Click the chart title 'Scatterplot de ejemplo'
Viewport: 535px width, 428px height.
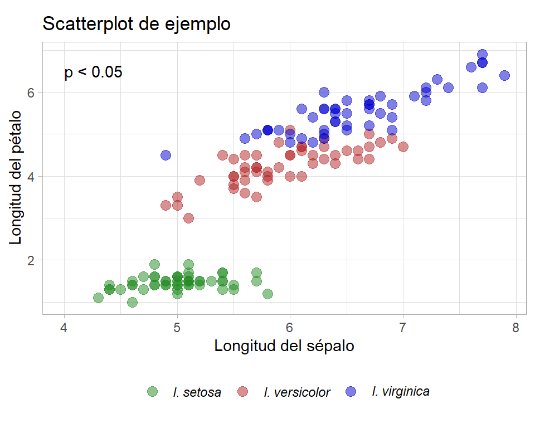tap(136, 24)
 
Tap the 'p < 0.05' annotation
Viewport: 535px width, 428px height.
tap(93, 72)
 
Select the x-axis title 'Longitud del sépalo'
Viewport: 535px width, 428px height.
tap(284, 346)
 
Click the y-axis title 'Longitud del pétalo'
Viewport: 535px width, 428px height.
tap(16, 177)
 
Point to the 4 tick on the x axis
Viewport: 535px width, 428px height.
tap(65, 327)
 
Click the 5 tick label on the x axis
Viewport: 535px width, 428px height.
tap(177, 327)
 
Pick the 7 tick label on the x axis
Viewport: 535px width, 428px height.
tap(403, 327)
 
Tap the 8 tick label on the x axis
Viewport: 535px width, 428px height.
tap(515, 327)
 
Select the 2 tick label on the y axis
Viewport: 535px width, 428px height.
tap(31, 260)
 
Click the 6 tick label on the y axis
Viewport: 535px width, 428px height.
tap(31, 93)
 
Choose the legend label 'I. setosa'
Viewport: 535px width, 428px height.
tap(197, 392)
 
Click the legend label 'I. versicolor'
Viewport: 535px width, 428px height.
tap(297, 392)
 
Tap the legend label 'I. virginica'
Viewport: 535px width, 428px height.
tap(400, 391)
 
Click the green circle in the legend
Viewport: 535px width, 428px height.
tap(152, 392)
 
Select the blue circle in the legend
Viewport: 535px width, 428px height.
tap(351, 392)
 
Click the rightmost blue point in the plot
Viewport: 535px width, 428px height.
tap(504, 75)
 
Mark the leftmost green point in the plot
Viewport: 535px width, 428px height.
tap(98, 298)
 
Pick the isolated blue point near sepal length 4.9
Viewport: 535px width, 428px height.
tap(166, 155)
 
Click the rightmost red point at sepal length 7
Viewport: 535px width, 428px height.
tap(403, 147)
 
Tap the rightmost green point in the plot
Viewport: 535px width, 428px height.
tap(267, 294)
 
